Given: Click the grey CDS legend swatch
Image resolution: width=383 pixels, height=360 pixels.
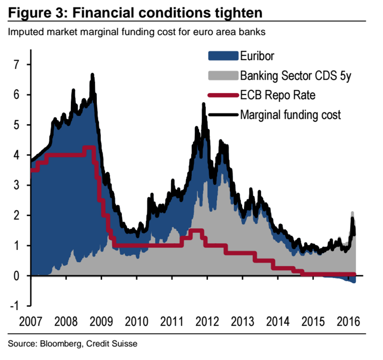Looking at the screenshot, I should click(x=223, y=76).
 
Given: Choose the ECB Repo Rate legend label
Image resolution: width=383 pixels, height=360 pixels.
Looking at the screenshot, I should click(x=277, y=95).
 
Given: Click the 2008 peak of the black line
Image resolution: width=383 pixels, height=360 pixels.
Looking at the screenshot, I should click(x=92, y=75).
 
